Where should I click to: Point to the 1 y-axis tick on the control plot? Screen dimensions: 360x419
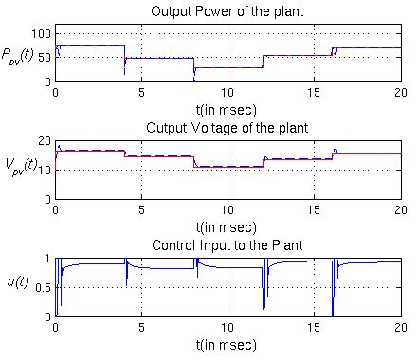pyautogui.click(x=47, y=258)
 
